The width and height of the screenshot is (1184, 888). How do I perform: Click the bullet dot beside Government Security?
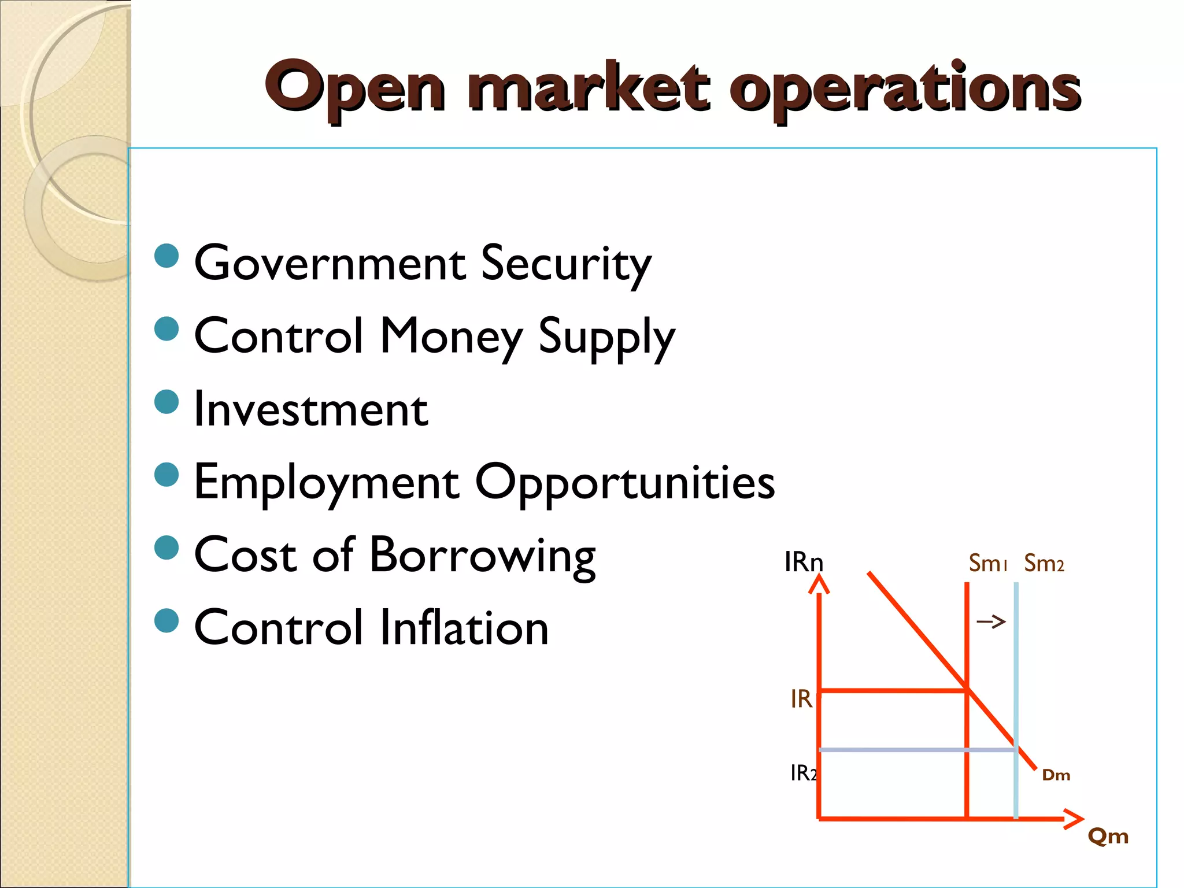pyautogui.click(x=167, y=256)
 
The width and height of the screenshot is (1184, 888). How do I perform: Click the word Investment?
pyautogui.click(x=311, y=409)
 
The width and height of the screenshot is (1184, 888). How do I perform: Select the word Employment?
pyautogui.click(x=327, y=483)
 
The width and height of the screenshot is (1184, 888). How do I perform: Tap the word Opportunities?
pyautogui.click(x=624, y=483)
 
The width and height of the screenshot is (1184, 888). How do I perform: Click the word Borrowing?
pyautogui.click(x=482, y=556)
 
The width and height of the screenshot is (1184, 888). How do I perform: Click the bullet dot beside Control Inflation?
pyautogui.click(x=167, y=621)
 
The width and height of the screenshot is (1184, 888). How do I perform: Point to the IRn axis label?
pyautogui.click(x=804, y=562)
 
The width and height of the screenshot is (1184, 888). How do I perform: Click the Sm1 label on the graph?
pyautogui.click(x=987, y=563)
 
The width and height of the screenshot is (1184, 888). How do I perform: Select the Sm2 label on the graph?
pyautogui.click(x=1044, y=563)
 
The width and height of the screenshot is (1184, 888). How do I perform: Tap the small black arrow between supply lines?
pyautogui.click(x=991, y=622)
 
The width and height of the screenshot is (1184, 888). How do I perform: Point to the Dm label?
pyautogui.click(x=1056, y=775)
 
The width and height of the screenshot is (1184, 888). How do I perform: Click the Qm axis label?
pyautogui.click(x=1108, y=836)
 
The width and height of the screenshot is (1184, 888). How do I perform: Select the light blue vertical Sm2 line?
pyautogui.click(x=1016, y=665)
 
